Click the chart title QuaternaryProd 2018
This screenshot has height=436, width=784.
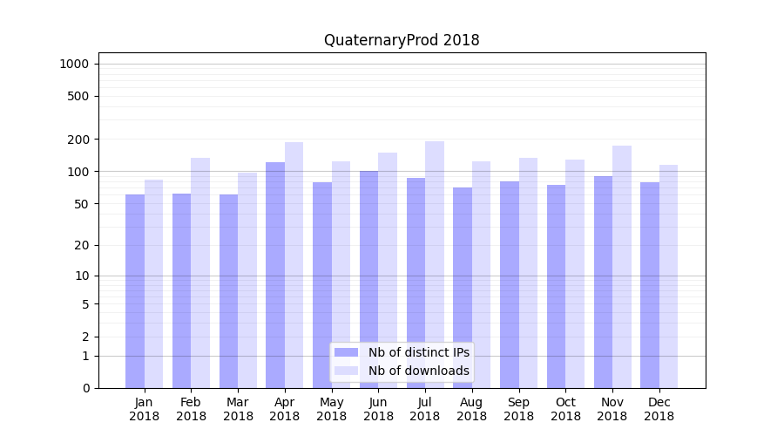click(x=402, y=40)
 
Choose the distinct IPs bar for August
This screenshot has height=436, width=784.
click(x=463, y=288)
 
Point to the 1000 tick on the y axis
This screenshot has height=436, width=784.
click(x=74, y=64)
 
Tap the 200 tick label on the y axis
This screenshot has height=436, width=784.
click(x=78, y=140)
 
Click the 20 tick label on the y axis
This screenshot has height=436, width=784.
click(x=82, y=245)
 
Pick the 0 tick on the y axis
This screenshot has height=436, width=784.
click(x=85, y=388)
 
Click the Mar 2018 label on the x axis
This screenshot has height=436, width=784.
click(x=238, y=409)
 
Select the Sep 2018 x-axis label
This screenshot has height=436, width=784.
click(x=518, y=409)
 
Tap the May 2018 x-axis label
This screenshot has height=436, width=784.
click(x=331, y=409)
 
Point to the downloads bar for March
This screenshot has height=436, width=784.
click(x=247, y=280)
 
